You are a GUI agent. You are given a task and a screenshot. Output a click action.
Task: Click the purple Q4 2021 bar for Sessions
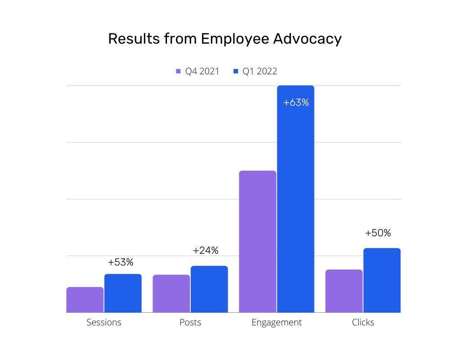[85, 300]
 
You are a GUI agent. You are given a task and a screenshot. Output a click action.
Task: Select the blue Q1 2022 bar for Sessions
[123, 293]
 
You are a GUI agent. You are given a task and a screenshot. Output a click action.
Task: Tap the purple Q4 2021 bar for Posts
[171, 293]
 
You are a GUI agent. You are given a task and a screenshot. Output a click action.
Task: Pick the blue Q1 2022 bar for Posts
[209, 289]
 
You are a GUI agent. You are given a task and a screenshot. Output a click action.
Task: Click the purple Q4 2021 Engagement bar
[257, 242]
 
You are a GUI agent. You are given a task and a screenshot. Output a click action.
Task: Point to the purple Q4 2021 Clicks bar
[344, 291]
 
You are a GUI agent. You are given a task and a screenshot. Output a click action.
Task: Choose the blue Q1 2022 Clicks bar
[382, 280]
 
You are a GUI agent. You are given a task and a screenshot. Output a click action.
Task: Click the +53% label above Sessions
[121, 262]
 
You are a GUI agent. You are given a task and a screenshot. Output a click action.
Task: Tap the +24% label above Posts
[206, 251]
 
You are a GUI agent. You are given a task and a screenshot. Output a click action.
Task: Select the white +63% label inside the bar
[296, 103]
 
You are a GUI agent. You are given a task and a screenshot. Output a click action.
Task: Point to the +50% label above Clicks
[378, 233]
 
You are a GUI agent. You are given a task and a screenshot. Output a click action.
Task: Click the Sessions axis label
[104, 323]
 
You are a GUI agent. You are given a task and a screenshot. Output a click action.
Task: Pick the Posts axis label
[190, 323]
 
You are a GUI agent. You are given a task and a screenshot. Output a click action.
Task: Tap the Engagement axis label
[277, 323]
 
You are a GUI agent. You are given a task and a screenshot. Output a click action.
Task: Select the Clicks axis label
[363, 323]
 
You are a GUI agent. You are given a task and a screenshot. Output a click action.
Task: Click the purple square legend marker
[178, 72]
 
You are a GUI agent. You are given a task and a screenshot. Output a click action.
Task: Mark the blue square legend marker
[235, 72]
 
